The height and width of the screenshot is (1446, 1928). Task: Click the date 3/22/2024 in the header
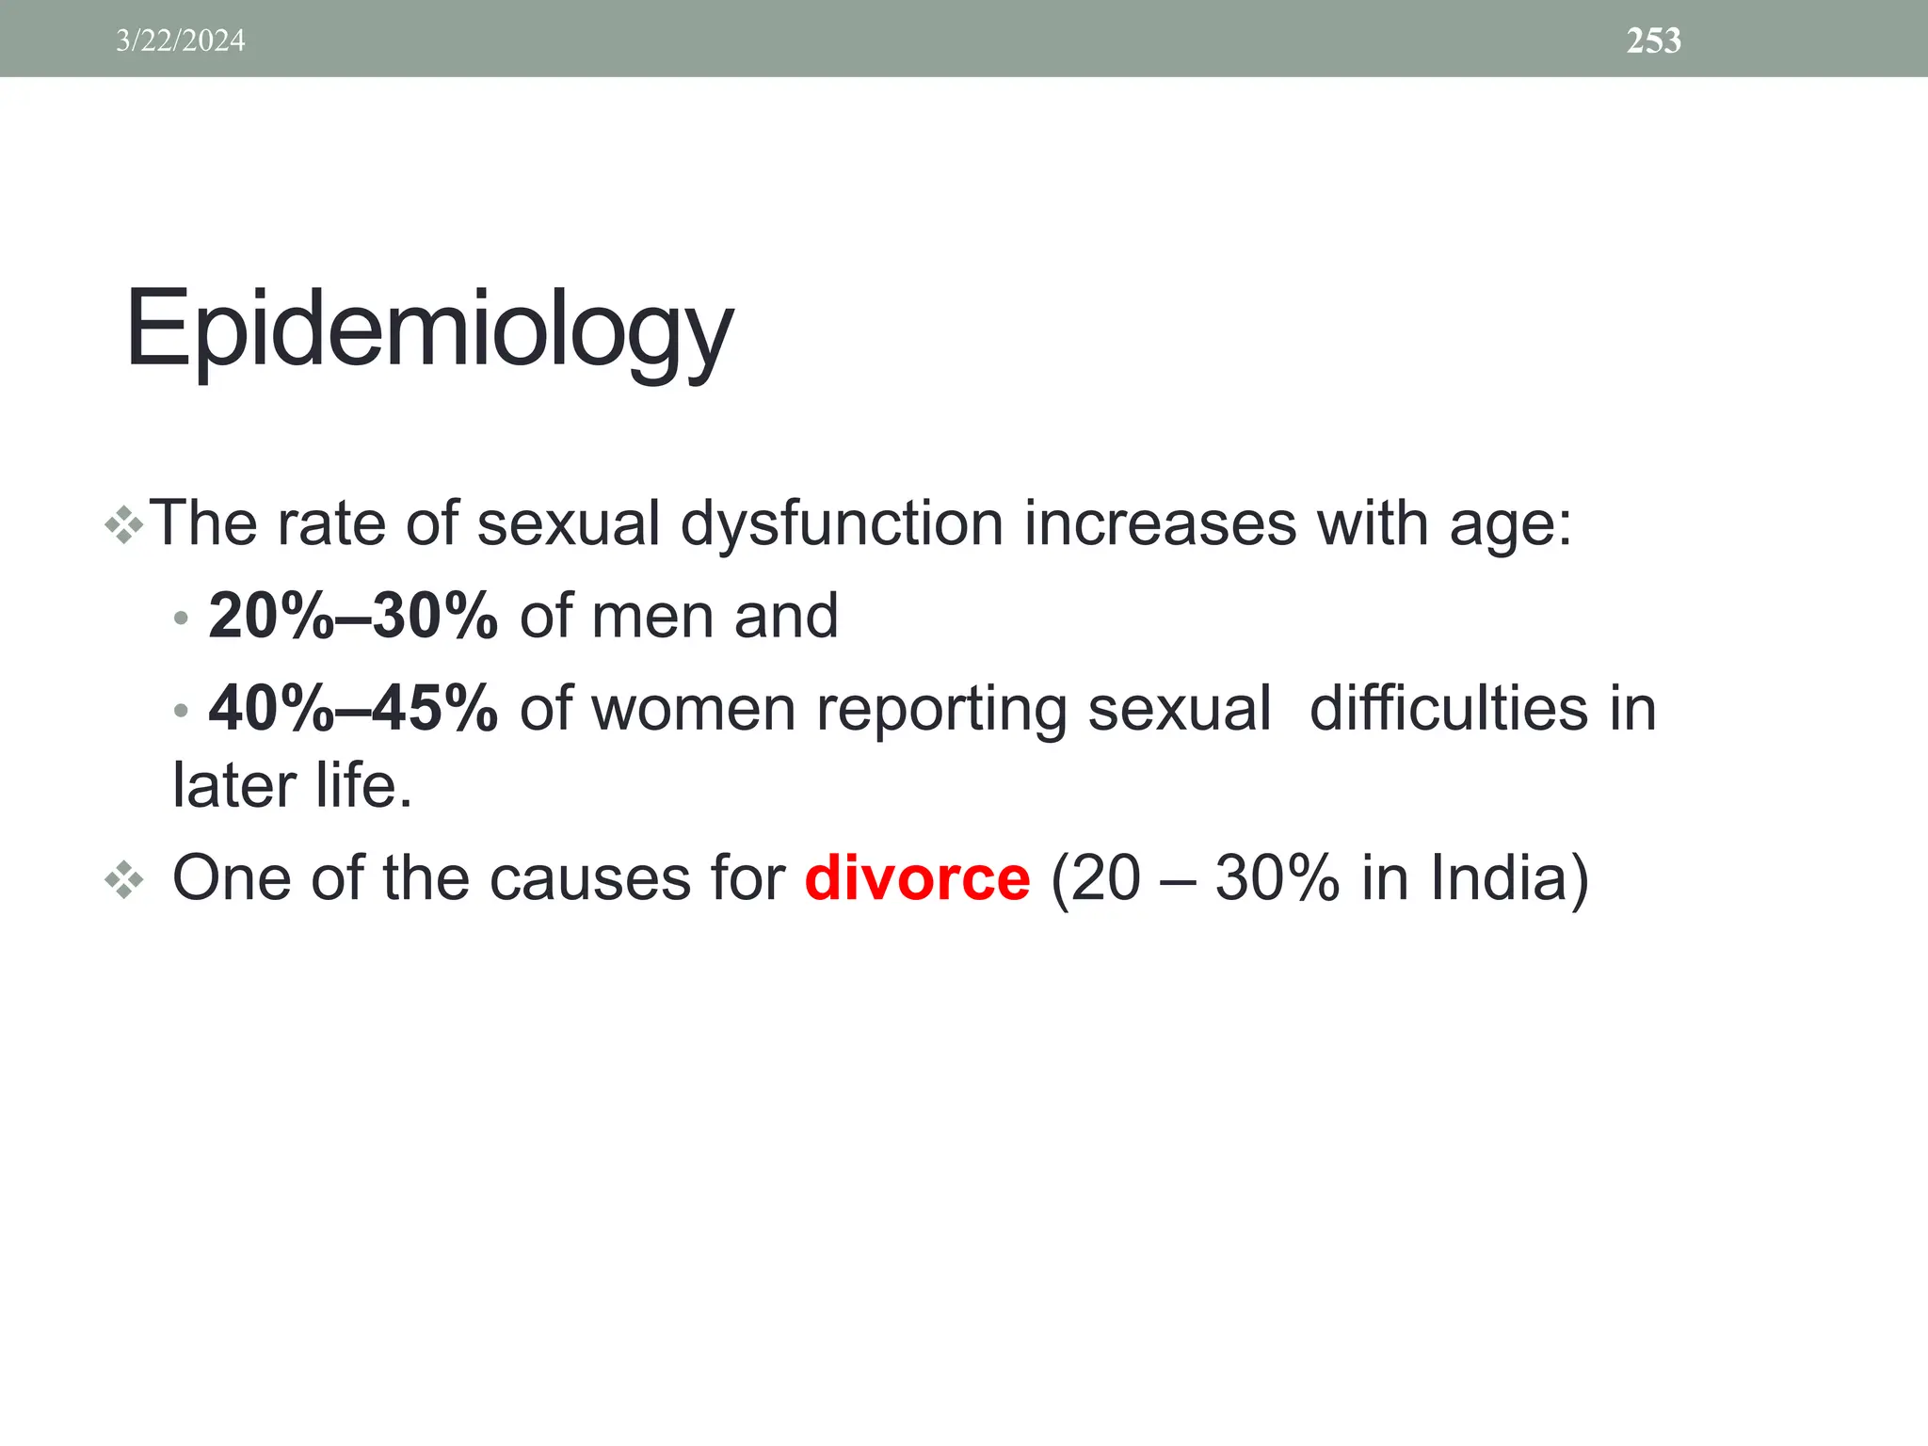pos(180,40)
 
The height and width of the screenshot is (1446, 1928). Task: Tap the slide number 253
pos(1653,40)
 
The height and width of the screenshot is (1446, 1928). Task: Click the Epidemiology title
pos(428,329)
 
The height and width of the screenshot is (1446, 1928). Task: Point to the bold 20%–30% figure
pos(352,616)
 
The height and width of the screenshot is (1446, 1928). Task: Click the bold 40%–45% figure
pos(352,708)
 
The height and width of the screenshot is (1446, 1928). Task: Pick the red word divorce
pos(917,878)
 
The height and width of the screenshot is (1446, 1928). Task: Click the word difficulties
pos(1448,708)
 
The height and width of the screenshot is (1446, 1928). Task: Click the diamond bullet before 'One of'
pos(124,881)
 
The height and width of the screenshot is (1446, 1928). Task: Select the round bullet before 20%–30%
pos(181,619)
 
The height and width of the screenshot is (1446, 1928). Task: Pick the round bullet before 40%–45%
pos(181,711)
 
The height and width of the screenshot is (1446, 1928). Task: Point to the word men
pos(651,618)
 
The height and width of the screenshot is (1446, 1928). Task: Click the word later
pos(233,785)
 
